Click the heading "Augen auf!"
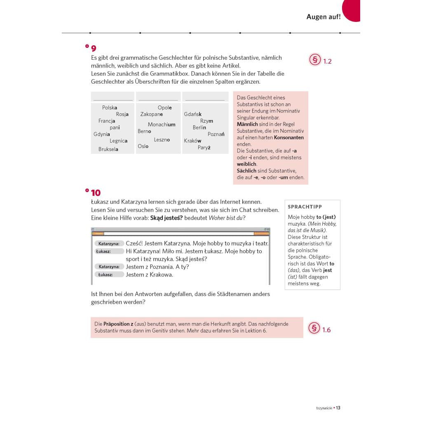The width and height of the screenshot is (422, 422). [323, 17]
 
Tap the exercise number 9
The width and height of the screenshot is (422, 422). [94, 48]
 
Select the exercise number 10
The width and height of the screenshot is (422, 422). [96, 193]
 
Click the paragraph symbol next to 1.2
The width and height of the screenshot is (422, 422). [315, 60]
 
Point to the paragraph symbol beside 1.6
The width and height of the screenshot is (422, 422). [314, 329]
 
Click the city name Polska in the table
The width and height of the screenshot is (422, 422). [110, 108]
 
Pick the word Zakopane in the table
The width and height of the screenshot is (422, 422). [152, 114]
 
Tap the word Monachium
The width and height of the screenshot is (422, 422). [162, 124]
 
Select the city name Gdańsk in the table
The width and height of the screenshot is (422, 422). [193, 114]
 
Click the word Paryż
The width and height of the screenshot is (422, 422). [204, 148]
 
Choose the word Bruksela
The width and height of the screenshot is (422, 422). [108, 149]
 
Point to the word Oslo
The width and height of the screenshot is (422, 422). [143, 146]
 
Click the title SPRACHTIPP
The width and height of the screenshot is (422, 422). [305, 207]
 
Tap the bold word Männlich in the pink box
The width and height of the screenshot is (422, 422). [247, 124]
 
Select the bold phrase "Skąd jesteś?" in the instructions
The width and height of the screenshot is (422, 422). [166, 218]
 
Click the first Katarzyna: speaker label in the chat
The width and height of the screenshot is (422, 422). [109, 244]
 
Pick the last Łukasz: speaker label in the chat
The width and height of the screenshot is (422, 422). [105, 274]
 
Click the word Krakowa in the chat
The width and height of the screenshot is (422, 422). [162, 274]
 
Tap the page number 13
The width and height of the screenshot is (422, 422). [338, 408]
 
